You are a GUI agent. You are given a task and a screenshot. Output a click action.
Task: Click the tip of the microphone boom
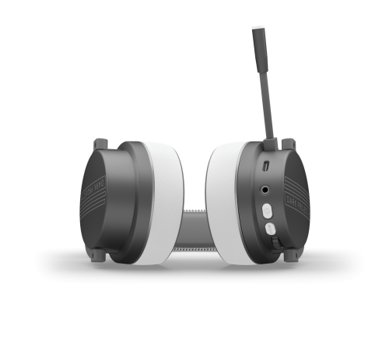pos(258,34)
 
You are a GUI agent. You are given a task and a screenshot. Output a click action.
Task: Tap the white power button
pos(268,211)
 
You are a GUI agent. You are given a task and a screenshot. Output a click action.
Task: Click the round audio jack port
pos(267,189)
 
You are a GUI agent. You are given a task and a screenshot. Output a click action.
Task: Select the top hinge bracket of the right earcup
pos(288,145)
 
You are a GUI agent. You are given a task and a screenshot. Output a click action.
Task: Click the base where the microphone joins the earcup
pos(269,143)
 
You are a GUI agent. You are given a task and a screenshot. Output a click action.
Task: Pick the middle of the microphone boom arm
pos(263,86)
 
